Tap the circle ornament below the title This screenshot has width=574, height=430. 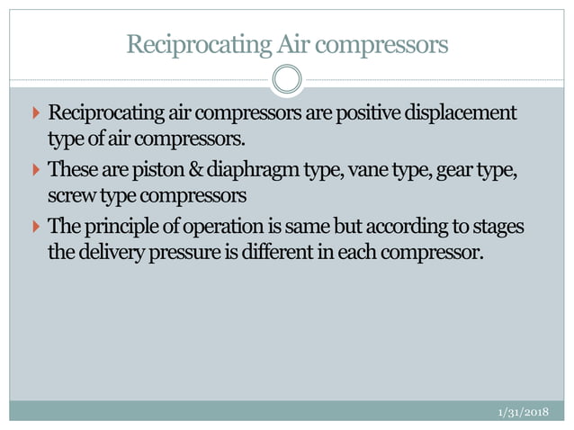click(x=287, y=80)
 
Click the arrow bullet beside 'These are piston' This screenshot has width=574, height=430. click(x=35, y=169)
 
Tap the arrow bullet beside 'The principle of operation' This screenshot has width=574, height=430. click(x=35, y=225)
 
